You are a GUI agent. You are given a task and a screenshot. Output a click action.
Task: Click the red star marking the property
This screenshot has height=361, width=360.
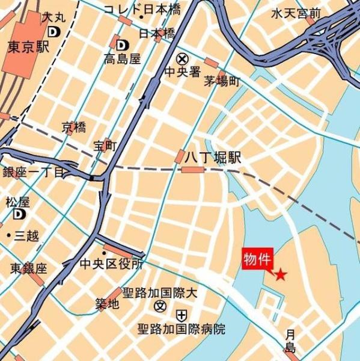point(280,275)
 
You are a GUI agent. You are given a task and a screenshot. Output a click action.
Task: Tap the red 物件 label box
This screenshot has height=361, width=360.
point(258,259)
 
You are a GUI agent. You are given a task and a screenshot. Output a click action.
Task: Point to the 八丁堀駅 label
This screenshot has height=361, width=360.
point(212,158)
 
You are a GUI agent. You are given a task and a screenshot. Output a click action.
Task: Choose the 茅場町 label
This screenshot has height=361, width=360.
point(222,81)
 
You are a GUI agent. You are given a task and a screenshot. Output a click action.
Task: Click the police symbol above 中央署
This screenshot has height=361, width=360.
point(182,59)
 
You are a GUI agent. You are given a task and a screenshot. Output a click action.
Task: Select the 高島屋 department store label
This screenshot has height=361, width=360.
point(121,59)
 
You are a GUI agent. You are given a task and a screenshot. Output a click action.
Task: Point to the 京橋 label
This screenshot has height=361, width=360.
point(74,128)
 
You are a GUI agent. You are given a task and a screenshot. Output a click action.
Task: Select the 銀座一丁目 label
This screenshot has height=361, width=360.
point(33,173)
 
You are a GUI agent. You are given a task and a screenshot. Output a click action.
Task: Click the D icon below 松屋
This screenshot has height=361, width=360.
point(20,214)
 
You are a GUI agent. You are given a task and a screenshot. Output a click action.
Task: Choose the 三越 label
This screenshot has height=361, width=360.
point(27,235)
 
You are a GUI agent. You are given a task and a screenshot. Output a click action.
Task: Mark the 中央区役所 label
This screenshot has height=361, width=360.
point(112,264)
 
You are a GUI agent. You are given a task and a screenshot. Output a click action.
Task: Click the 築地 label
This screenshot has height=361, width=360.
point(107,304)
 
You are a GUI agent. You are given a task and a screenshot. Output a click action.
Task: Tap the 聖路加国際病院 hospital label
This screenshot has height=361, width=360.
point(181,329)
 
